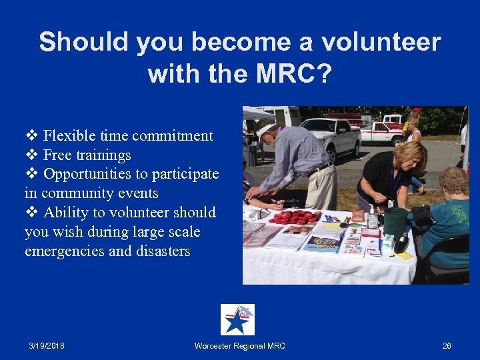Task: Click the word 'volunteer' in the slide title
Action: tap(381, 43)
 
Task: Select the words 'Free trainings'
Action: tap(87, 155)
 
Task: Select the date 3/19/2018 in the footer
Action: tap(47, 346)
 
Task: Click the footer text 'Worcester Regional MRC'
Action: tap(239, 346)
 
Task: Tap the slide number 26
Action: tap(447, 346)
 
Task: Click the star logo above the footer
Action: tap(237, 320)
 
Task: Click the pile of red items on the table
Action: tap(294, 217)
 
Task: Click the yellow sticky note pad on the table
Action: tap(404, 255)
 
